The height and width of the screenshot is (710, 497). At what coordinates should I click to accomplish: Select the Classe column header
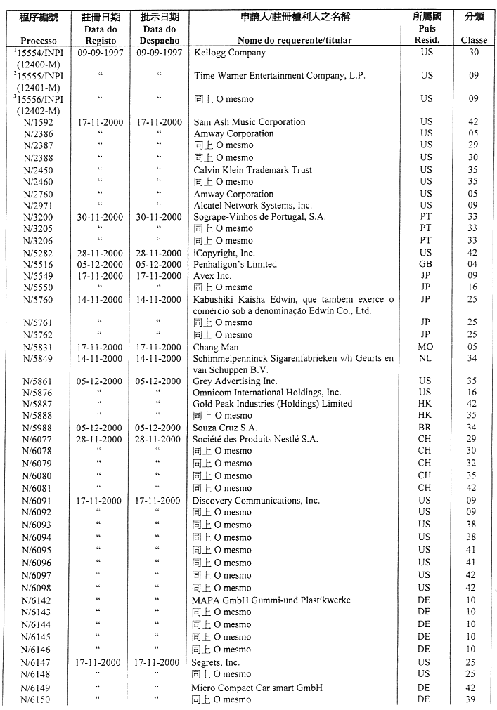tap(473, 40)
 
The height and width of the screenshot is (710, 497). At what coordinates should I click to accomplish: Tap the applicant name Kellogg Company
tap(229, 53)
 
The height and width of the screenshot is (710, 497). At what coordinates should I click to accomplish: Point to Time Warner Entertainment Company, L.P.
tap(279, 76)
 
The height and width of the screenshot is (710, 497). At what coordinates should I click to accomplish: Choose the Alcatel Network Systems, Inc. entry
tap(252, 206)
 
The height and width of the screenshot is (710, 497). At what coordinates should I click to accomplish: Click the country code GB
tap(426, 265)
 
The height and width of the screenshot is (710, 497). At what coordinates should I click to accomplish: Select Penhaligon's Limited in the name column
tap(235, 265)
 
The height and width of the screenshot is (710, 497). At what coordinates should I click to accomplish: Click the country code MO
tap(425, 347)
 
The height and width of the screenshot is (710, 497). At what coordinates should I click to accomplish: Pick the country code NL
tap(425, 358)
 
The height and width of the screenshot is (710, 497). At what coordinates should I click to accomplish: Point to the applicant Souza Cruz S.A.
tap(225, 428)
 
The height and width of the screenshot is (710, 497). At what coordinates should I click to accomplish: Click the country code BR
tap(425, 428)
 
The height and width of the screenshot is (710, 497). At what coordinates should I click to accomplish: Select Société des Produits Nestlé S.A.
tap(255, 439)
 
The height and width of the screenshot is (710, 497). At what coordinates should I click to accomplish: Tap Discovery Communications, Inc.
tap(256, 501)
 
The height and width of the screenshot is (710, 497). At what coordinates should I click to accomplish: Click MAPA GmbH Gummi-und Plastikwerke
tap(271, 600)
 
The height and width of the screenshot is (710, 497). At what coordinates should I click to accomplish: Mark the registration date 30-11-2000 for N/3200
tap(100, 217)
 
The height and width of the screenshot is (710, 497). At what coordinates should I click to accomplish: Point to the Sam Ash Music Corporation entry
tap(249, 122)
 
